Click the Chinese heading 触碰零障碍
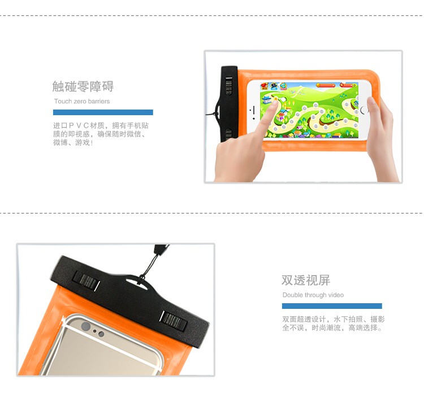pyautogui.click(x=83, y=86)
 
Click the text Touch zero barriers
pyautogui.click(x=82, y=101)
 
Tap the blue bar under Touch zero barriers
pyautogui.click(x=103, y=112)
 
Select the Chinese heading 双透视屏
pyautogui.click(x=306, y=280)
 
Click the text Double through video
pyautogui.click(x=313, y=295)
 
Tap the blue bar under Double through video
pyautogui.click(x=332, y=306)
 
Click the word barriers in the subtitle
pyautogui.click(x=99, y=101)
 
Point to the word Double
pyautogui.click(x=293, y=295)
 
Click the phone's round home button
pyautogui.click(x=364, y=110)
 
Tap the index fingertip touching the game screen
pyautogui.click(x=274, y=103)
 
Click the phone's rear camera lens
pyautogui.click(x=86, y=326)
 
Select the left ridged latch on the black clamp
pyautogui.click(x=86, y=281)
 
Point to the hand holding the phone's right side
pyautogui.click(x=381, y=138)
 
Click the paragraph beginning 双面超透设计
pyautogui.click(x=333, y=324)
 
